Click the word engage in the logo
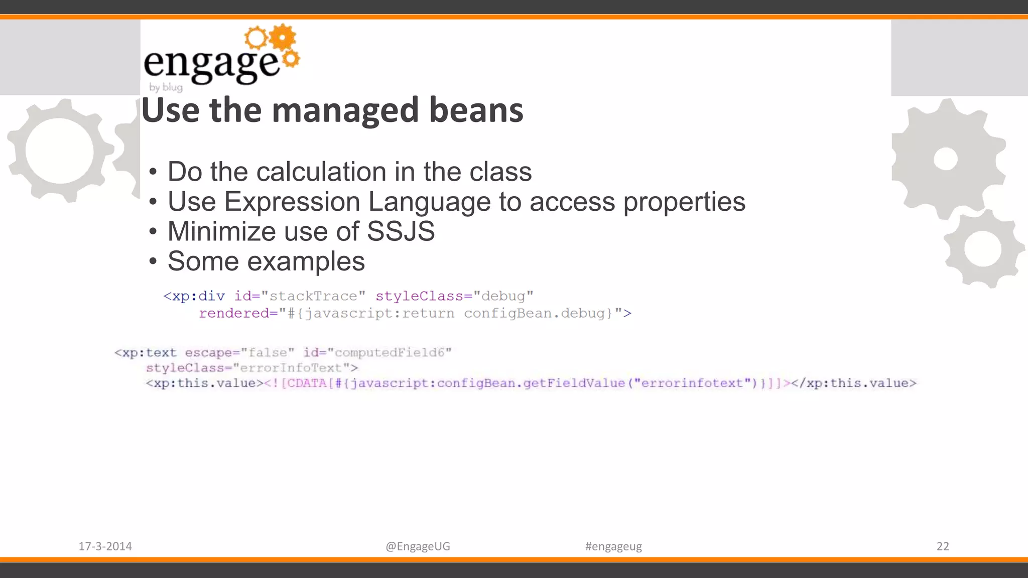coord(211,64)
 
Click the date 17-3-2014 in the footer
coord(105,546)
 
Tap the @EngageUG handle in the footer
coord(418,546)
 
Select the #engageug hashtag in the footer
coord(613,546)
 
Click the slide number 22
coord(943,546)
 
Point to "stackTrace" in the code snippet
coord(313,296)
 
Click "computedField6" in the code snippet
coord(390,353)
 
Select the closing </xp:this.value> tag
coord(854,383)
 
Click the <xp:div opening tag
coord(194,296)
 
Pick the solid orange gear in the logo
coord(283,37)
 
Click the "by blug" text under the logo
coord(166,87)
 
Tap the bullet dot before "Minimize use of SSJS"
coord(153,232)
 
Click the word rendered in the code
coord(234,314)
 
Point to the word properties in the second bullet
coord(684,202)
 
